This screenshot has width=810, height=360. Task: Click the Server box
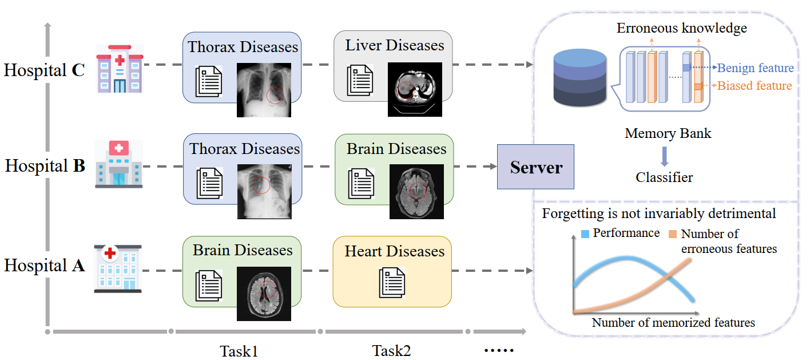click(x=535, y=167)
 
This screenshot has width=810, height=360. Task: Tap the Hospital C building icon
click(x=120, y=69)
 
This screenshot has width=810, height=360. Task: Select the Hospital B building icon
click(x=119, y=164)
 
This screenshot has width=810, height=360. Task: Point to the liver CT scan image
click(x=415, y=89)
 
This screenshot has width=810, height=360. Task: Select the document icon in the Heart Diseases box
click(x=392, y=283)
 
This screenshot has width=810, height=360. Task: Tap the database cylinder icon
click(x=580, y=78)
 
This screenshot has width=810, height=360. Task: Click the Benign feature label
click(x=755, y=68)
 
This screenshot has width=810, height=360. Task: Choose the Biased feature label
click(x=755, y=86)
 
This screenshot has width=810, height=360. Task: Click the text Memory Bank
click(x=668, y=133)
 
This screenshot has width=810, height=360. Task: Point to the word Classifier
click(x=664, y=177)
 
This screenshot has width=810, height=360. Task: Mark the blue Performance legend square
click(x=585, y=234)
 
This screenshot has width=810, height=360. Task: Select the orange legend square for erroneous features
click(x=673, y=234)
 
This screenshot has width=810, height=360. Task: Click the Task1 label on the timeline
click(x=239, y=350)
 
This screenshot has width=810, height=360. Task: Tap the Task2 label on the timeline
click(x=392, y=350)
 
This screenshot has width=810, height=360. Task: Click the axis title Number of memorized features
click(x=673, y=322)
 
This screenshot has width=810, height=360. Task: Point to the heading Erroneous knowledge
click(x=681, y=28)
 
